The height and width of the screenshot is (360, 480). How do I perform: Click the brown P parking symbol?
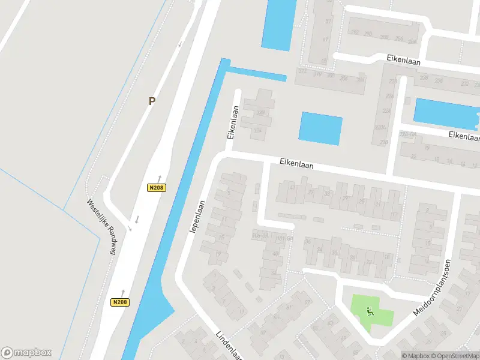click(x=152, y=101)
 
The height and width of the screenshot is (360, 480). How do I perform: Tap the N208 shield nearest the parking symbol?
click(x=156, y=188)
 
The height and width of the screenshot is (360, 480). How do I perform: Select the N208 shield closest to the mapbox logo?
click(x=120, y=302)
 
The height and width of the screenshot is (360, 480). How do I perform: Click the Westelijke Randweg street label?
click(x=100, y=227)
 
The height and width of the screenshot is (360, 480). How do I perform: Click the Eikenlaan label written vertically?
click(x=232, y=123)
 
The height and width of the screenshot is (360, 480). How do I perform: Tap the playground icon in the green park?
click(x=370, y=310)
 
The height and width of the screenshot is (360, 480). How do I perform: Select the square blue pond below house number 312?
click(x=320, y=128)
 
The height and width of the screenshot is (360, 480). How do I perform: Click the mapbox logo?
click(x=26, y=353)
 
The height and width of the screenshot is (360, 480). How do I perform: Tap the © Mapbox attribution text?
click(x=416, y=355)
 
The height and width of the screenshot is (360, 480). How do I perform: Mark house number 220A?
click(x=380, y=127)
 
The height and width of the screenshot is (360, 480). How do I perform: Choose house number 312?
click(x=302, y=71)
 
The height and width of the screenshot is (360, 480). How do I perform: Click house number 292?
click(x=354, y=33)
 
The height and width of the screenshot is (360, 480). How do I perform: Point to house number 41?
click(x=292, y=187)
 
